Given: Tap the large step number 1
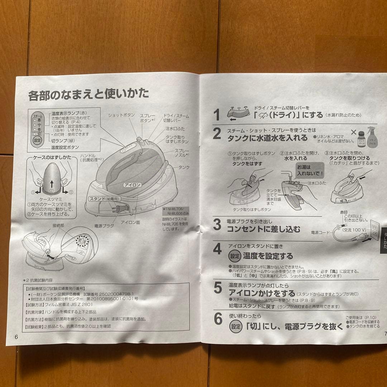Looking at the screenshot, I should point(216,115).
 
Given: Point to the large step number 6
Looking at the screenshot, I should point(218,320).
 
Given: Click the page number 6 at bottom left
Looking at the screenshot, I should point(15,337).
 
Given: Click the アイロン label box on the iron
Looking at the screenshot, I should point(133,185).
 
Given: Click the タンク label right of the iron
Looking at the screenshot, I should point(184,167).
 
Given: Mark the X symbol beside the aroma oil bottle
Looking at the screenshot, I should point(354,132).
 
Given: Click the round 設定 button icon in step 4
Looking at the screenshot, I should point(234,256).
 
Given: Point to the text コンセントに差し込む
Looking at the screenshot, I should point(264,229).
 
